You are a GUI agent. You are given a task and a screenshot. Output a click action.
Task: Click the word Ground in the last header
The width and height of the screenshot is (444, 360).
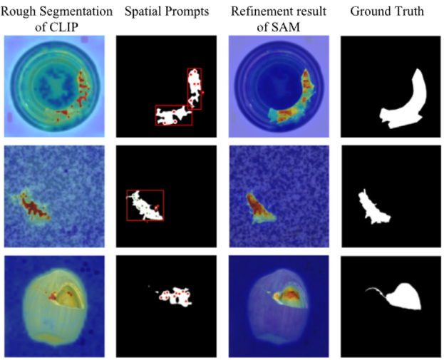coord(368,11)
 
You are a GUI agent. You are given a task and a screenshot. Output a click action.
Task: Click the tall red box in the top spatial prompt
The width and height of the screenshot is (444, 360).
coord(195,88)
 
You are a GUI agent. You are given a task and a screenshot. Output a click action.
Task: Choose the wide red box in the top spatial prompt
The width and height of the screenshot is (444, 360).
coord(174,115)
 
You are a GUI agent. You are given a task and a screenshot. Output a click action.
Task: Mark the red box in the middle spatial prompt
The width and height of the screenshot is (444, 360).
coord(145,205)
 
